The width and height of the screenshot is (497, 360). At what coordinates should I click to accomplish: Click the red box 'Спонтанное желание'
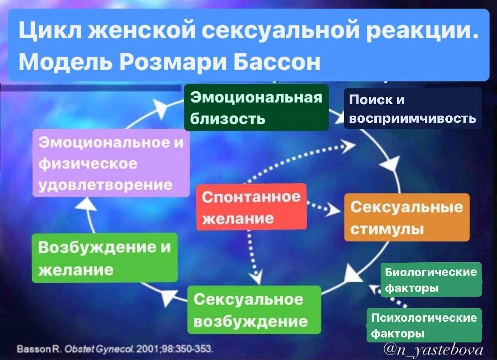tap(251, 207)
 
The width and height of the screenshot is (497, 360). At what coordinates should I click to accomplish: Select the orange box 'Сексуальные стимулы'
tap(407, 217)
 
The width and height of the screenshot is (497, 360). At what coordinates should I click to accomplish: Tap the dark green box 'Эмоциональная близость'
tap(256, 107)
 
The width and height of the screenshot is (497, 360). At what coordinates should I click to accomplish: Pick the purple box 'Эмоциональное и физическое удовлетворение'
tap(111, 163)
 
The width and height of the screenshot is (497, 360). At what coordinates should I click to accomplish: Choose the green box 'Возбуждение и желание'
tap(104, 258)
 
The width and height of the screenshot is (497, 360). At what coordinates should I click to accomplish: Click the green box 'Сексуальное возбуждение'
tap(254, 309)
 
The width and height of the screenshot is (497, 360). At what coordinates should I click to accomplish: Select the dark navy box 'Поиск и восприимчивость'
tap(412, 108)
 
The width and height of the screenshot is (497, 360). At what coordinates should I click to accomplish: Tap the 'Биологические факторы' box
tap(431, 279)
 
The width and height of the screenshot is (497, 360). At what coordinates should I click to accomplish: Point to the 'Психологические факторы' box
tap(424, 325)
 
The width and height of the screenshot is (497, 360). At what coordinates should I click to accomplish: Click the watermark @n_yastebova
tap(434, 349)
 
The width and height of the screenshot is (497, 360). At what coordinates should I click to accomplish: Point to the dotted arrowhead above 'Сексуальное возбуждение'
tap(256, 278)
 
